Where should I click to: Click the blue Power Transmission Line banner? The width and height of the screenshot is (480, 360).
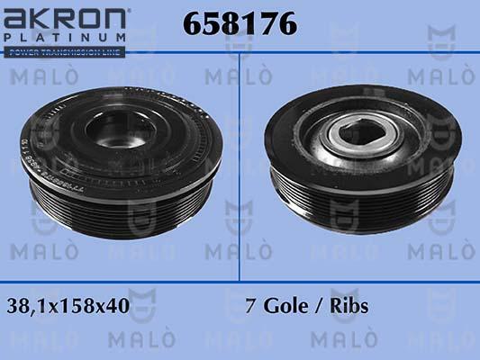(63, 52)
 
